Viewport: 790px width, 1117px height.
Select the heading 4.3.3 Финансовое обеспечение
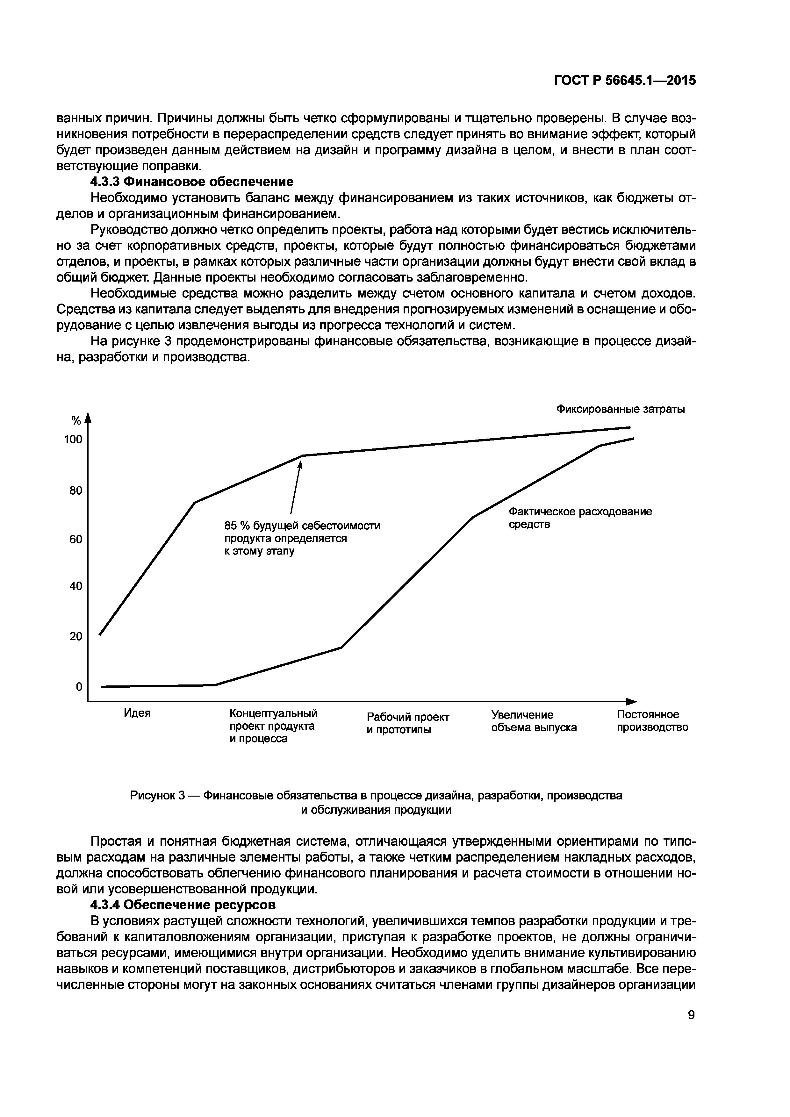point(192,182)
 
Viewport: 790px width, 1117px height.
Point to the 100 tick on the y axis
point(74,440)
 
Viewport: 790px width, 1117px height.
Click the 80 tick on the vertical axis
point(76,490)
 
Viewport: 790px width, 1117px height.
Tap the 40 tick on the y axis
point(76,586)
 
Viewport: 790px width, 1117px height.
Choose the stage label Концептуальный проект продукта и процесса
point(273,726)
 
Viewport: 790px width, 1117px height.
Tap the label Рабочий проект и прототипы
point(408,723)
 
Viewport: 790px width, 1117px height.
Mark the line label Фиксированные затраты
point(620,409)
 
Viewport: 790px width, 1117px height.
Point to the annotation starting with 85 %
point(302,539)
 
